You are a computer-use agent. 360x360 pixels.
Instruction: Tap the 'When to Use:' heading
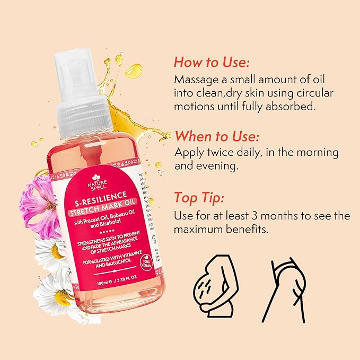pyautogui.click(x=217, y=136)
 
